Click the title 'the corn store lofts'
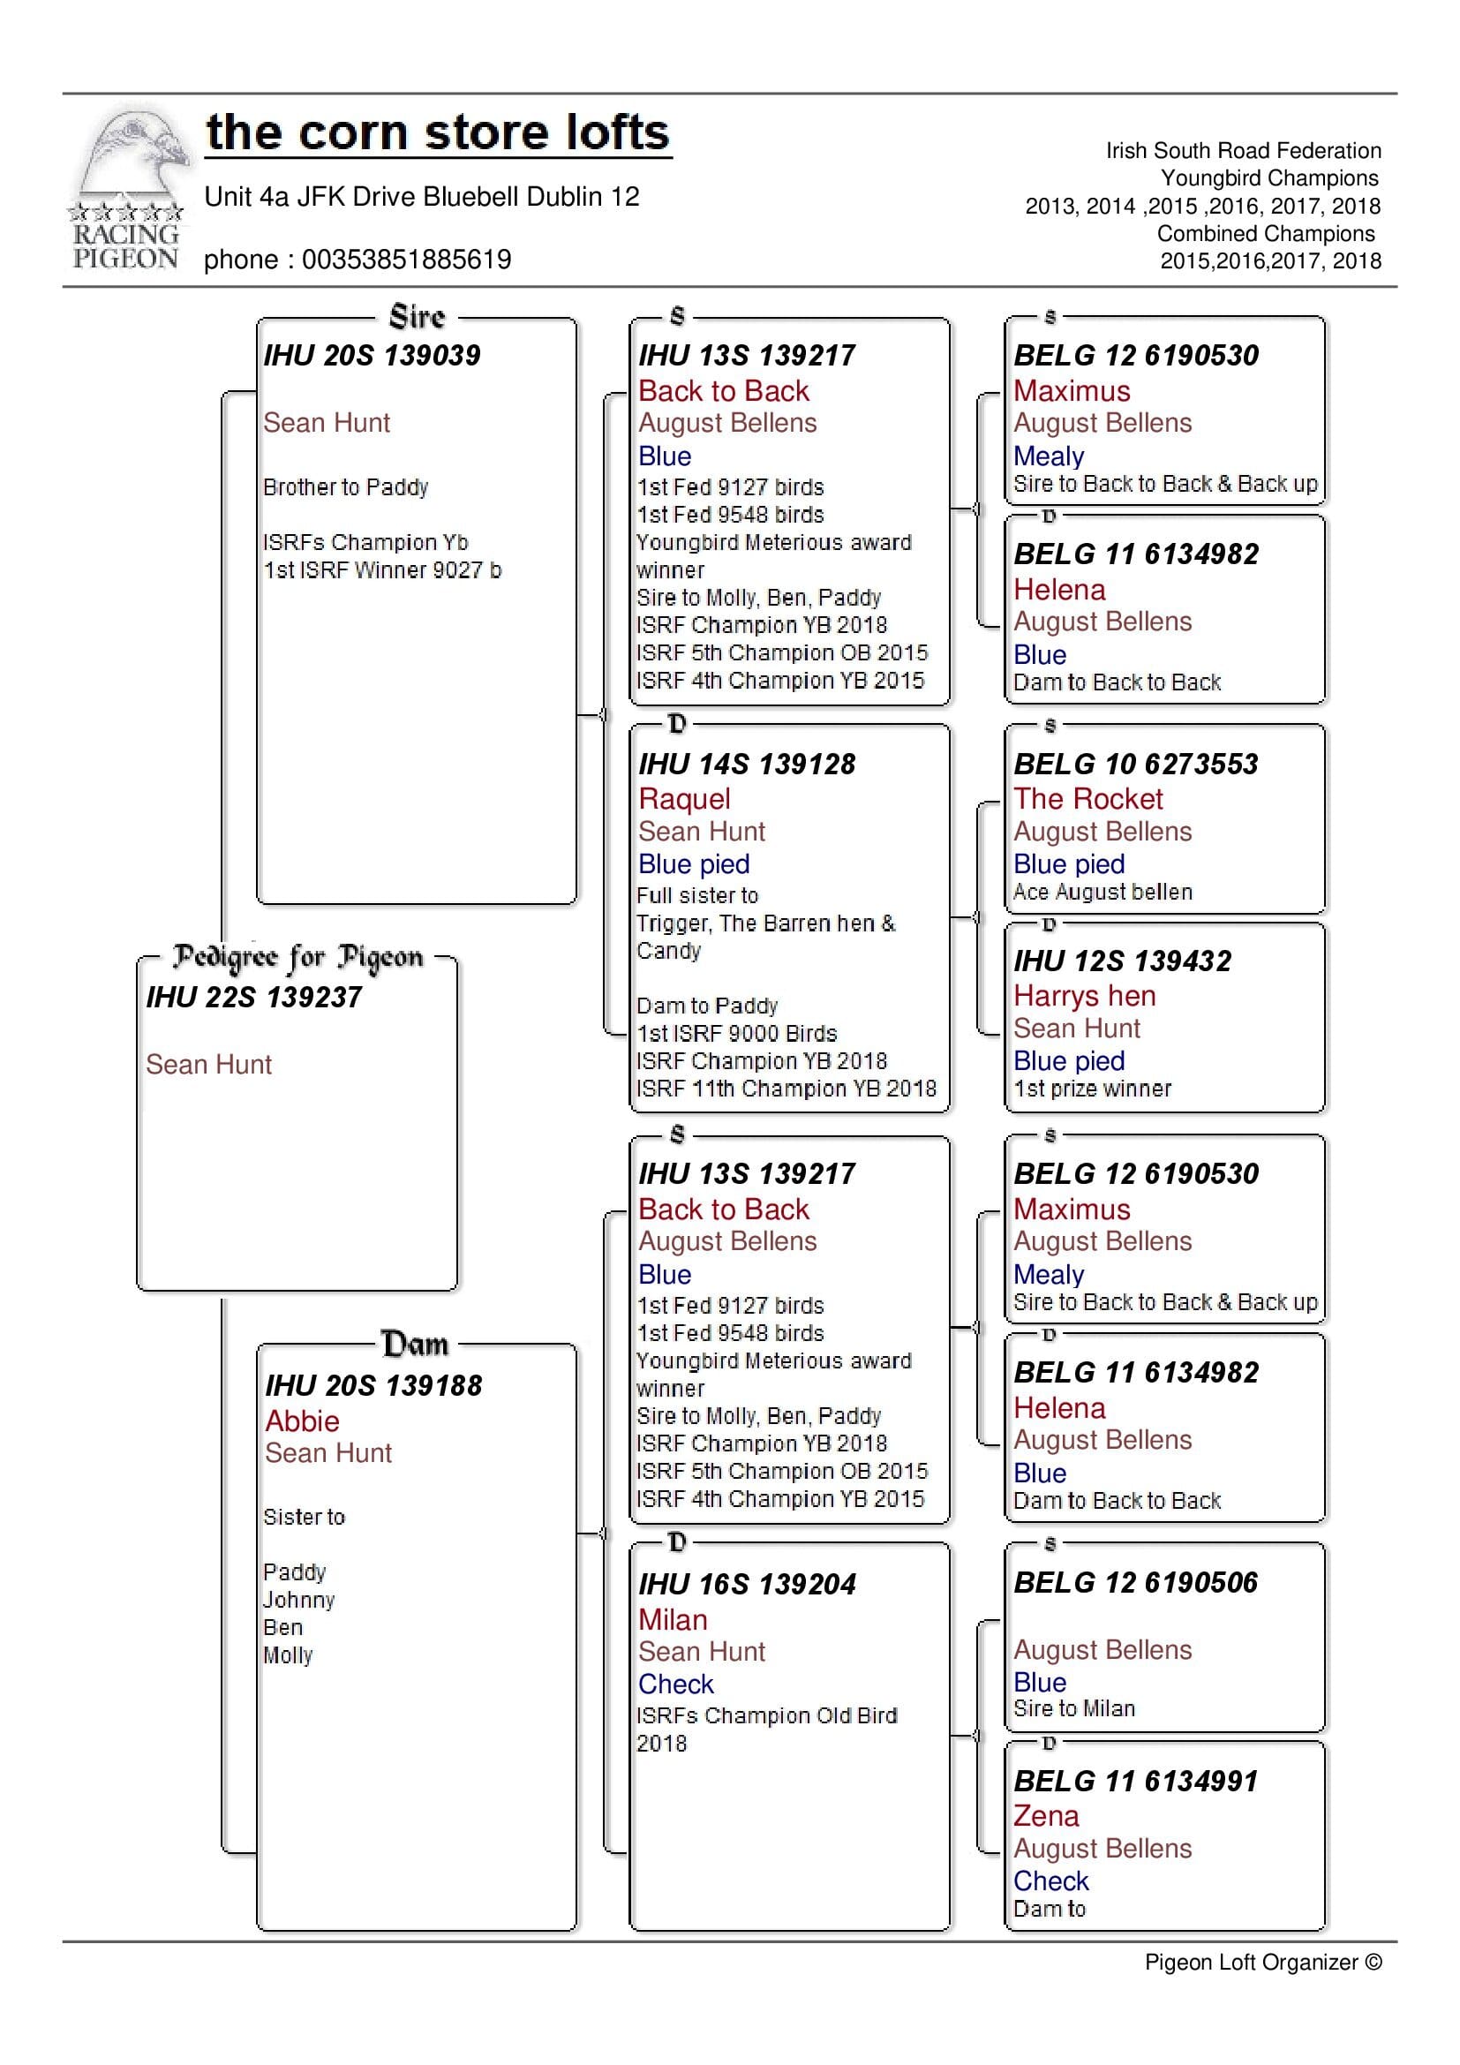pos(437,133)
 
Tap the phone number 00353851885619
pos(406,260)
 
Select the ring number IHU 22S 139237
pos(254,997)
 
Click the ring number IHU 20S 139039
pos(373,355)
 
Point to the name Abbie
pos(302,1421)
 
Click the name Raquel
pos(684,799)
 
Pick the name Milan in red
pos(673,1620)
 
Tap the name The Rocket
pos(1087,799)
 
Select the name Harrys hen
pos(1084,996)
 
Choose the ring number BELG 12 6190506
pos(1135,1582)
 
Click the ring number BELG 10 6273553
pos(1135,765)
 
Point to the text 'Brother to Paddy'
pos(345,487)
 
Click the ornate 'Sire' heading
pos(418,318)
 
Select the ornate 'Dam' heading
pos(415,1344)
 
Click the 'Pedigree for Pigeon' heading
pos(297,957)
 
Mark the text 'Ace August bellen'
pos(1103,893)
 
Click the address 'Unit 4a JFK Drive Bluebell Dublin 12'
pos(422,197)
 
